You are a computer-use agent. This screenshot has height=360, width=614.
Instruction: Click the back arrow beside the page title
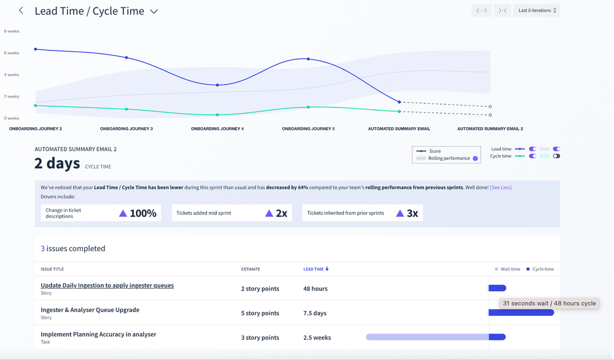coord(21,10)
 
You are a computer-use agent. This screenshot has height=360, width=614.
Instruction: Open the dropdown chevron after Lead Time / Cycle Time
coord(154,11)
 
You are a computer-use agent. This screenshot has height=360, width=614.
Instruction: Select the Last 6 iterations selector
coord(537,10)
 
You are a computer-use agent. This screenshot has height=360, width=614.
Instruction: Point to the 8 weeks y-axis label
coord(12,31)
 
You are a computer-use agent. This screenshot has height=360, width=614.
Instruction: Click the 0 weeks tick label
coord(12,118)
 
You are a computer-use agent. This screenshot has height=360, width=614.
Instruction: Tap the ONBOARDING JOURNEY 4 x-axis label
coord(217,129)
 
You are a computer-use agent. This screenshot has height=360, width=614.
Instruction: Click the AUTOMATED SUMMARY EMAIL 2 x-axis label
coord(490,129)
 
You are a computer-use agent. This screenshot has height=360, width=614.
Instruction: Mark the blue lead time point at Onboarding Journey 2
coord(36,49)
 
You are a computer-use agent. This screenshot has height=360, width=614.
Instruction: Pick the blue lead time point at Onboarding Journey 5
coord(309,59)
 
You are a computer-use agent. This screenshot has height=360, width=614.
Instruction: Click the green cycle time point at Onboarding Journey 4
coord(218,115)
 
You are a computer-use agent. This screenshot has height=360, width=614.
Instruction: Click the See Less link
coord(500,187)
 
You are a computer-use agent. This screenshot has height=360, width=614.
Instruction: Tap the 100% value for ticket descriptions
coord(143,213)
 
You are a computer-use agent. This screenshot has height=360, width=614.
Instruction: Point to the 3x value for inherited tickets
coord(412,213)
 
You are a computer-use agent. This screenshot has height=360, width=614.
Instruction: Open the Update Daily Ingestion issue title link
coord(107,285)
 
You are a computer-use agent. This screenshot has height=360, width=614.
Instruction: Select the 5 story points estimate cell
coord(260,313)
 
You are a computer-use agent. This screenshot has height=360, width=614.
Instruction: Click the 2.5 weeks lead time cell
coord(317,337)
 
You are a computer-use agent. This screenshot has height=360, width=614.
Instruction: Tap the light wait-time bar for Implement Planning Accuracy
coord(427,337)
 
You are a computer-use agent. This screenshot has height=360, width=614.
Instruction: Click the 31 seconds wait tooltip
coord(549,303)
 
